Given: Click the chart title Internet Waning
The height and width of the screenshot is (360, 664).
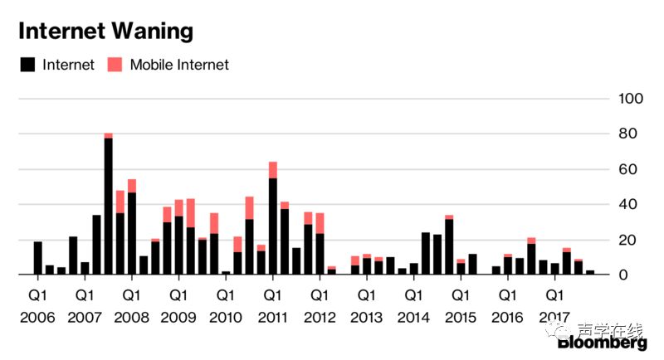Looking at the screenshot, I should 105,32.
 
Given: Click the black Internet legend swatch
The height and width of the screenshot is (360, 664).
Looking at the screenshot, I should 27,64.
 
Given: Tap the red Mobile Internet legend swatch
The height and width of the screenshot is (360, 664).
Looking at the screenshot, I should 115,64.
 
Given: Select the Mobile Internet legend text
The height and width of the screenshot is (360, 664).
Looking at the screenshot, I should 179,65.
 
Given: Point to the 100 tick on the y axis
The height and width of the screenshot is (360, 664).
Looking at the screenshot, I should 632,99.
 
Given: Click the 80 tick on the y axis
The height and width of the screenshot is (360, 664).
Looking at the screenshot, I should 632,134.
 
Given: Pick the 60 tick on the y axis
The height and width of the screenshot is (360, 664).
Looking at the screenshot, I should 632,169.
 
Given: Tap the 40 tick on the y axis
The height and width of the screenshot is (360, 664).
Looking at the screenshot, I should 632,205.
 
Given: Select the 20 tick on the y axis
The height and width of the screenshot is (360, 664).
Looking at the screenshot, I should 632,240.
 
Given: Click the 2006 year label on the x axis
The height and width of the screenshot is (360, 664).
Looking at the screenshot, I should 38,318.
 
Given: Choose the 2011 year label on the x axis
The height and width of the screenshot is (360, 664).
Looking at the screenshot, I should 272,318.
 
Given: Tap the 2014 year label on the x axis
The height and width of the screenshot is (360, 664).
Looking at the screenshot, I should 413,318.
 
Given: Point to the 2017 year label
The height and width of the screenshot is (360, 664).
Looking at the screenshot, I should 554,318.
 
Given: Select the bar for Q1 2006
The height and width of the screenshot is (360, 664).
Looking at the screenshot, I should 38,258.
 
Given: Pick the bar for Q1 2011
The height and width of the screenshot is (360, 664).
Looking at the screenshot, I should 272,226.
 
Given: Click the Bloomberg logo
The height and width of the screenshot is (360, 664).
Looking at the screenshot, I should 603,343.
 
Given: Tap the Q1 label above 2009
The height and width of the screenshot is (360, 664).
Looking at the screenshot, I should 178,294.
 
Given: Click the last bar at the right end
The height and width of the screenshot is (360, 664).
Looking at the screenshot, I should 590,272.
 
